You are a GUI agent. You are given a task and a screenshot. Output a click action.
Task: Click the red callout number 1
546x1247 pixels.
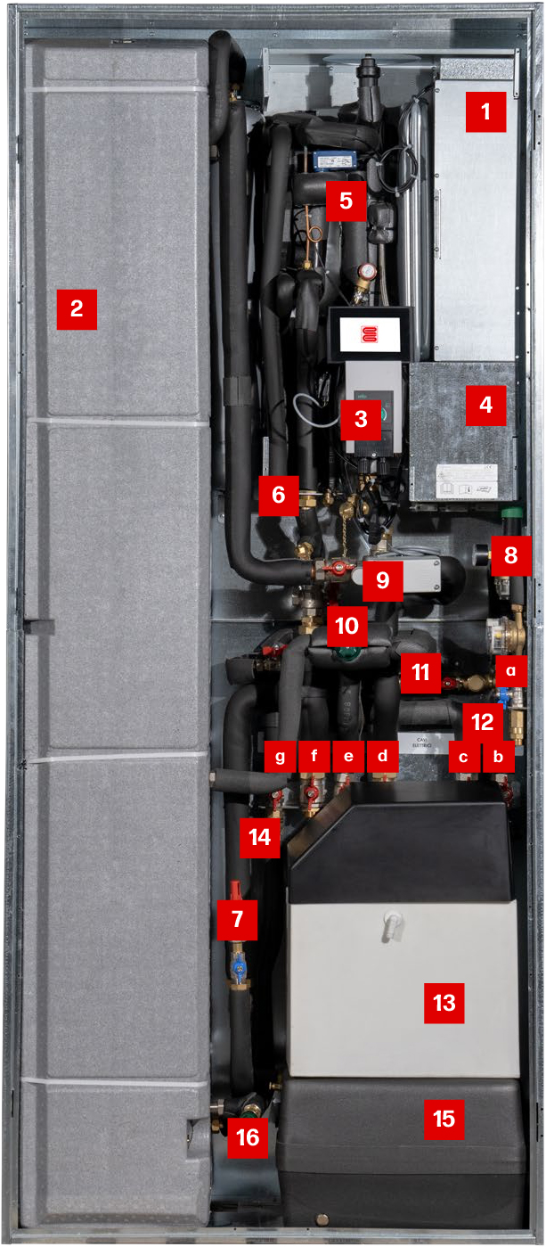click(485, 112)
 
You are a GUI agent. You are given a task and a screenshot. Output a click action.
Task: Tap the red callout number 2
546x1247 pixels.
click(77, 309)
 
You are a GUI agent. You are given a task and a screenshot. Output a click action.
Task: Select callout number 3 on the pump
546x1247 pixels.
click(361, 419)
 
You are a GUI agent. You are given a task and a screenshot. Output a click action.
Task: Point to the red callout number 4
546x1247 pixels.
click(485, 405)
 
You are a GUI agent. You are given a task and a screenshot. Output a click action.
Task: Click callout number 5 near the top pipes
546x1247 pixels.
click(346, 201)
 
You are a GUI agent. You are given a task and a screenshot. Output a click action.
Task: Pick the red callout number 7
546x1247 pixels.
click(237, 918)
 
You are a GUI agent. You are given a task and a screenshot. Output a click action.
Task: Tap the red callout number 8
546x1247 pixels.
click(510, 555)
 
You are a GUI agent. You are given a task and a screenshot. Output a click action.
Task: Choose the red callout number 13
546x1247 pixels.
click(444, 1004)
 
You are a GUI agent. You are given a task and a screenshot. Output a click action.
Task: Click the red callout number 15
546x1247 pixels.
click(444, 1118)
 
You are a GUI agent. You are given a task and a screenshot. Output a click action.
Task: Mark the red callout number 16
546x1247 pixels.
click(248, 1138)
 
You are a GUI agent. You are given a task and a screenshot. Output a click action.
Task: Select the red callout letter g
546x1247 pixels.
click(281, 757)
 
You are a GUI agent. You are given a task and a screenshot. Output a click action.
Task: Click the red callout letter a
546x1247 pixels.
click(510, 668)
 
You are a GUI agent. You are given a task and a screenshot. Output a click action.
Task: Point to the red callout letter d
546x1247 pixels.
click(383, 757)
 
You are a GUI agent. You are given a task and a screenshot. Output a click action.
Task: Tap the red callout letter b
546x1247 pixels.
click(499, 757)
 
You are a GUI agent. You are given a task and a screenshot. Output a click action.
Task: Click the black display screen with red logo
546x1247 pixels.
click(370, 333)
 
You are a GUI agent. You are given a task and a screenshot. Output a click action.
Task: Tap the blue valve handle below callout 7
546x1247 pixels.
click(238, 966)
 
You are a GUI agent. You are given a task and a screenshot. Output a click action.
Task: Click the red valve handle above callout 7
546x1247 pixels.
click(236, 888)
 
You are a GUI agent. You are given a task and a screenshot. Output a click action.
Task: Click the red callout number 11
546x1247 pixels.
click(420, 672)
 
